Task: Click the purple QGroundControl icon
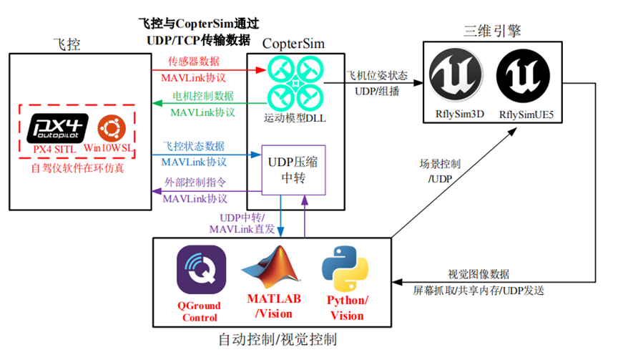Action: tap(201, 270)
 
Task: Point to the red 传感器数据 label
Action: tap(193, 61)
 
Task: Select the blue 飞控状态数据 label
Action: tap(194, 146)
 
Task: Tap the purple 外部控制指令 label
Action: tap(194, 183)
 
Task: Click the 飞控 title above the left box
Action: tap(69, 44)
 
